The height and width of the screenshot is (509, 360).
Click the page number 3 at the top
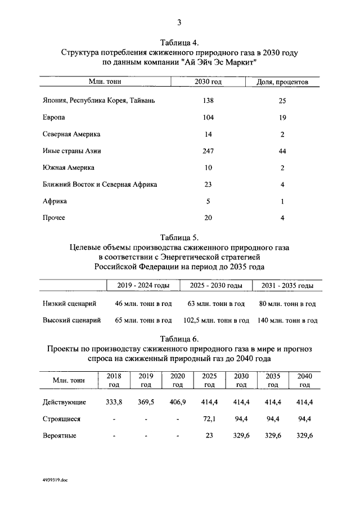tap(179, 22)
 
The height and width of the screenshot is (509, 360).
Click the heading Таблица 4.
tap(179, 43)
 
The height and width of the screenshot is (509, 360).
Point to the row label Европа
tap(53, 118)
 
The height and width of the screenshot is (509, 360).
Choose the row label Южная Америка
tap(69, 168)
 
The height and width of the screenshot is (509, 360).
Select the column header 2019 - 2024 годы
tap(143, 286)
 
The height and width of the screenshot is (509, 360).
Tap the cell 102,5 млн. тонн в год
tap(217, 321)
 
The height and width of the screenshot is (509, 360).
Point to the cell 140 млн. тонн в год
tap(287, 321)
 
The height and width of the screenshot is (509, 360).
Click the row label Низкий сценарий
tap(69, 304)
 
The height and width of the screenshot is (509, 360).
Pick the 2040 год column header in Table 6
tap(304, 380)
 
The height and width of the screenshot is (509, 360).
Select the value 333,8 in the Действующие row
tap(114, 402)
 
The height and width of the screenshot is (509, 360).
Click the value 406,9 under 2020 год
tap(178, 402)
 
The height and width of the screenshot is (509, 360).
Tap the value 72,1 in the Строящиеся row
tap(209, 419)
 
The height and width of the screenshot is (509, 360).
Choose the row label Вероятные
tap(60, 436)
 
